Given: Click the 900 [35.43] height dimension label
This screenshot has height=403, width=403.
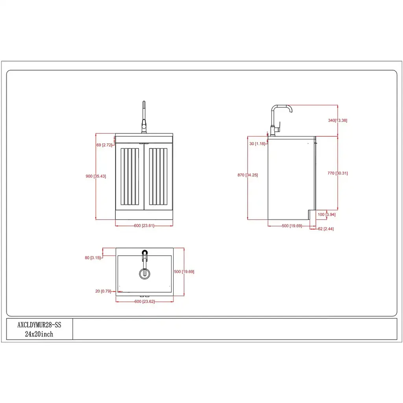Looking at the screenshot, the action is [x=96, y=176].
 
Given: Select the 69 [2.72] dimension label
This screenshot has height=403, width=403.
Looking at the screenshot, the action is [x=104, y=145].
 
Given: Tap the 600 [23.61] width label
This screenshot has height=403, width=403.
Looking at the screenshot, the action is [x=144, y=226].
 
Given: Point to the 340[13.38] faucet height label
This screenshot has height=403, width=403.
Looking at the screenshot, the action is [x=337, y=120].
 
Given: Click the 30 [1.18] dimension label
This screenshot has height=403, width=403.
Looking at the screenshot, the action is [x=257, y=144].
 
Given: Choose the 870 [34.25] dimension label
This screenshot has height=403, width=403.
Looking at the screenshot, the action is [x=248, y=175].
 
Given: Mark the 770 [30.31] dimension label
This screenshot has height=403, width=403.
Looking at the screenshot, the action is [x=337, y=173].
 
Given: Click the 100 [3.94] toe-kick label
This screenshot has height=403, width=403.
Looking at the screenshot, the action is [x=326, y=214].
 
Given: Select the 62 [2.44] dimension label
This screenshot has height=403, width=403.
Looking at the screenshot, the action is [x=325, y=229].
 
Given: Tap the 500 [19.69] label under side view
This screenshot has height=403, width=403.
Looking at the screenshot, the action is [x=292, y=226].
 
